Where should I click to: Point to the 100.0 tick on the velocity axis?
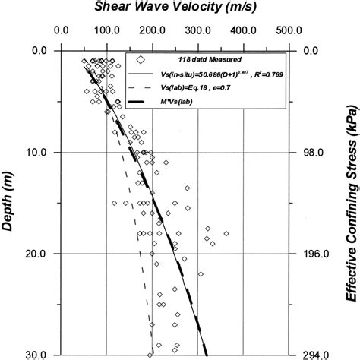(x=106, y=32)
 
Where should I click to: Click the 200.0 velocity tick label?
(x=152, y=32)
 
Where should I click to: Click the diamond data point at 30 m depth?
(x=150, y=354)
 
